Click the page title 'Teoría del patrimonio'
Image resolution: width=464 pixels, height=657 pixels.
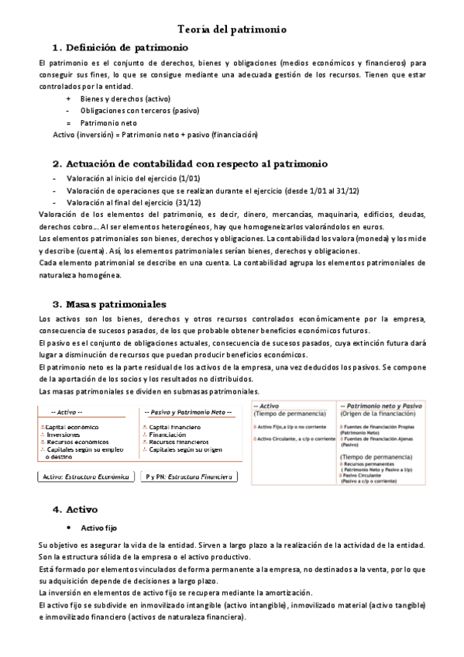point(232,29)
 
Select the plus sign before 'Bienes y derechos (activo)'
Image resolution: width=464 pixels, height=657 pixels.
point(69,99)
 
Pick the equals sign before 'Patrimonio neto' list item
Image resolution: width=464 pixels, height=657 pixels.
point(69,122)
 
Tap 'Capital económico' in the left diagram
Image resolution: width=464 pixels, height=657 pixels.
point(72,427)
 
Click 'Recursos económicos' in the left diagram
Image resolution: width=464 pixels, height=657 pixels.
point(77,442)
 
